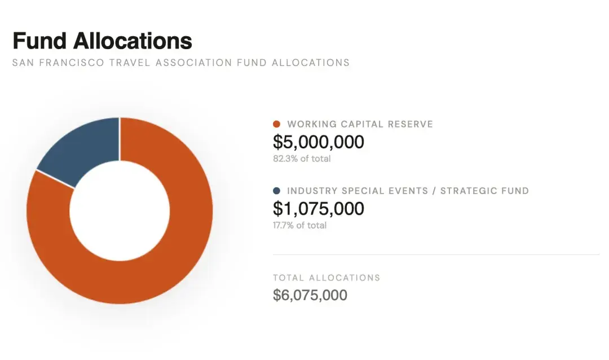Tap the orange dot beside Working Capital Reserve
(276, 124)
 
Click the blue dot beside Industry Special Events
(276, 191)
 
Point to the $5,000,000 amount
(319, 142)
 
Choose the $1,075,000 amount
(319, 208)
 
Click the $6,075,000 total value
(310, 295)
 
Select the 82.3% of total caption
(302, 159)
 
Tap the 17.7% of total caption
(299, 225)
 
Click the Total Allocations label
(326, 278)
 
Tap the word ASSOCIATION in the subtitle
(193, 63)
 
